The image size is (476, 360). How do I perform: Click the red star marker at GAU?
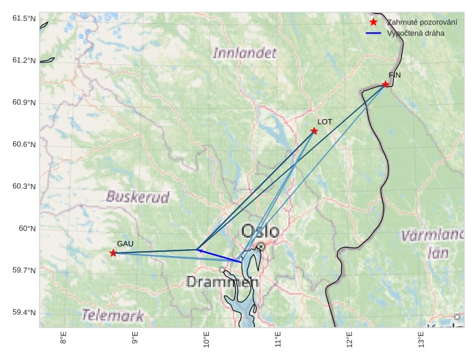point(113,253)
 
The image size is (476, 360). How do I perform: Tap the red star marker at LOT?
point(314,131)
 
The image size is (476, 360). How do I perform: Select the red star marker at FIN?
point(386,85)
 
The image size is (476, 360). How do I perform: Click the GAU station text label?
point(125,244)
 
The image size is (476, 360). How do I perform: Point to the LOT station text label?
point(325,122)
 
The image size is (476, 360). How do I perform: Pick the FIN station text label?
point(394,75)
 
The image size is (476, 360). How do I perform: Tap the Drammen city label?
point(223,281)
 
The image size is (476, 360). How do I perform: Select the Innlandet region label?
point(245,53)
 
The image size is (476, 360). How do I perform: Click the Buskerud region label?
point(138,196)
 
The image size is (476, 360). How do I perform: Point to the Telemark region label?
point(113,316)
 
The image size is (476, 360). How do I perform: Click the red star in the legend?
point(373,22)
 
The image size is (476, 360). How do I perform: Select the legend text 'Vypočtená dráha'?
point(415,33)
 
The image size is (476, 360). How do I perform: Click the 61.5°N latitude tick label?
point(23,18)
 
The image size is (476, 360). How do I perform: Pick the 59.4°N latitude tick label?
point(23,313)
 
